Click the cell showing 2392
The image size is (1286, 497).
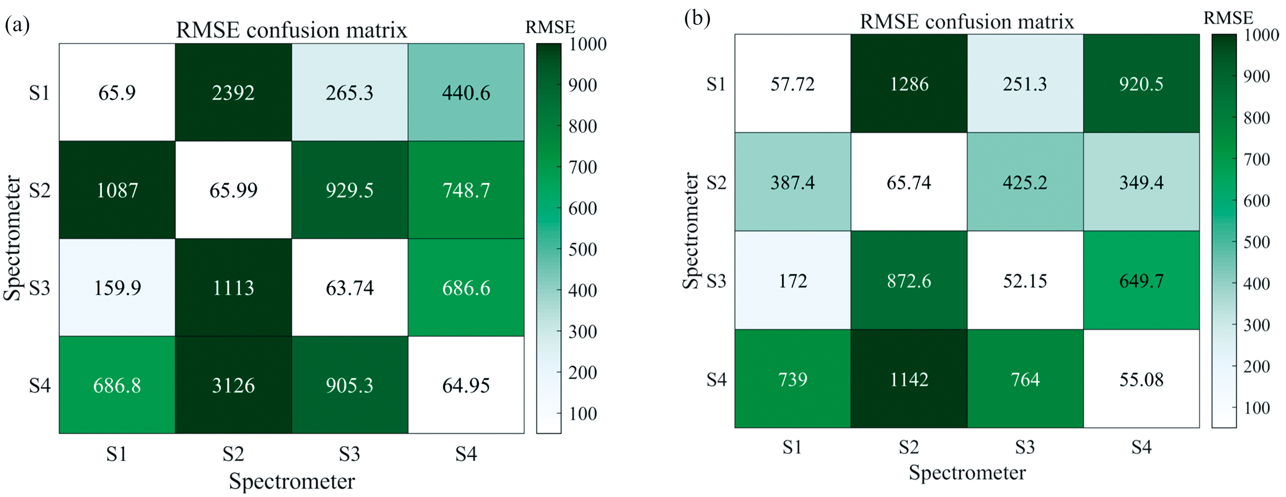(233, 93)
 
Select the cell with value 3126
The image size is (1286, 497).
(233, 385)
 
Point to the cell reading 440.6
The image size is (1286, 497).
(466, 93)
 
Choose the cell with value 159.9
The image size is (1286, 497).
(117, 288)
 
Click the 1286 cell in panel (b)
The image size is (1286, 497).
(909, 84)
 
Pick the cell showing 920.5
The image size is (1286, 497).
(1141, 84)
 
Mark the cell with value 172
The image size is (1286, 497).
(793, 281)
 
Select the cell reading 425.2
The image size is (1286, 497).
(1025, 182)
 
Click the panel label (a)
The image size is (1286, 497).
(17, 24)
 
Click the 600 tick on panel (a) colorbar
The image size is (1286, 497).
(583, 208)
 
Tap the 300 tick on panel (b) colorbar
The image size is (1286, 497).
(1256, 325)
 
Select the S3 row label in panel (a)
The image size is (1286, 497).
(40, 288)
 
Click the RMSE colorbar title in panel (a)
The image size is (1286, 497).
(550, 27)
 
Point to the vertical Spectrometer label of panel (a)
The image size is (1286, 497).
(13, 238)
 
